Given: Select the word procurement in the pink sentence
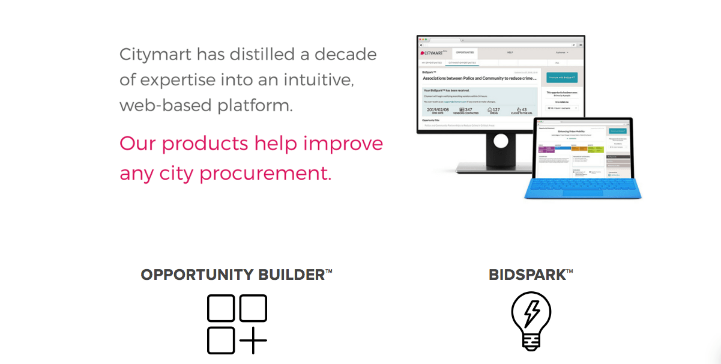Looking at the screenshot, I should [x=265, y=173].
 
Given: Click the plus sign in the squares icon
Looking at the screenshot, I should [x=253, y=339].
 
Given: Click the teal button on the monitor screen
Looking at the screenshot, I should [x=561, y=77].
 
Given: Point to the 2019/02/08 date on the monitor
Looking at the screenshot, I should [x=438, y=110].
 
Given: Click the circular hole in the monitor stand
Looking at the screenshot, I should [x=500, y=142].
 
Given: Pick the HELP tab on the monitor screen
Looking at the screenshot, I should [x=510, y=53].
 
